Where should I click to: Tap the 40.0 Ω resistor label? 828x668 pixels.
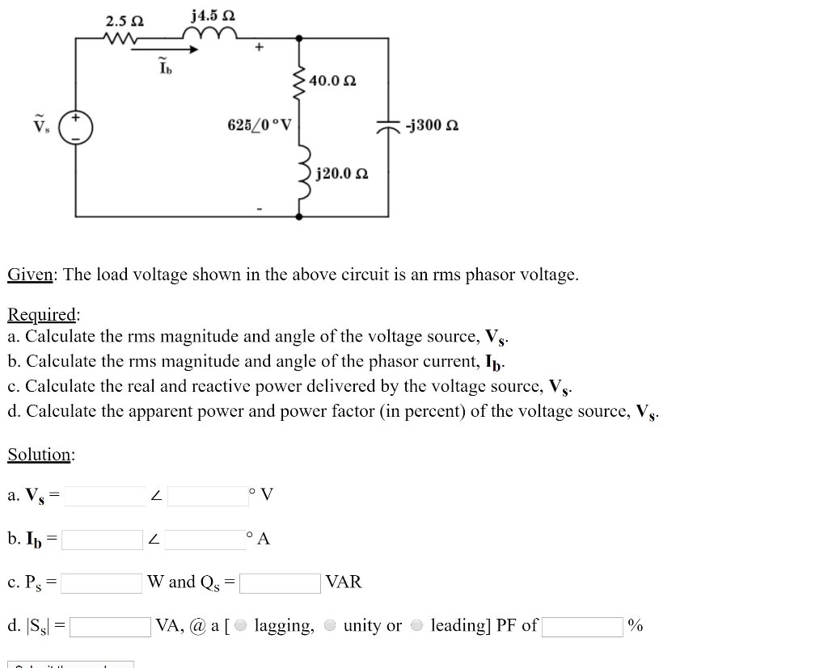click(x=332, y=82)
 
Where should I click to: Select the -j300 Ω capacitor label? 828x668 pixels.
click(x=433, y=125)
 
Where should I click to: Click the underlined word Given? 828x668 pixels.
click(x=30, y=275)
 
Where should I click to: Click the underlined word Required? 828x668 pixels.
click(x=43, y=314)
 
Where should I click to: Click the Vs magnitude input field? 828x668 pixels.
click(x=104, y=495)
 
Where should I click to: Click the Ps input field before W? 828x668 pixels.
click(x=102, y=582)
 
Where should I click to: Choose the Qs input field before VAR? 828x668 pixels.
click(x=280, y=582)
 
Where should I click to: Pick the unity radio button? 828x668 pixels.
click(x=330, y=626)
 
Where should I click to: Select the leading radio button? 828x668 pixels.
click(x=417, y=626)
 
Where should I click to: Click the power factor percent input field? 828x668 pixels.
click(x=582, y=627)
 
